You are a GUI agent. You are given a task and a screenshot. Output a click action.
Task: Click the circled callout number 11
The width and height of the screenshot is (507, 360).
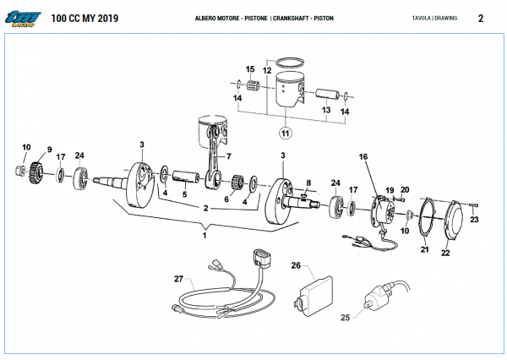click(285, 133)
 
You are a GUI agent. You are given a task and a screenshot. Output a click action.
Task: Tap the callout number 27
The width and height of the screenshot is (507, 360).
click(178, 278)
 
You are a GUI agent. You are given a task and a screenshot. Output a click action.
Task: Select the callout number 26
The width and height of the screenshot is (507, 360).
click(296, 265)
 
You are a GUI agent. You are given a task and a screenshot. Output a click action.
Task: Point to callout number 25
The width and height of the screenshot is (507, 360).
click(345, 318)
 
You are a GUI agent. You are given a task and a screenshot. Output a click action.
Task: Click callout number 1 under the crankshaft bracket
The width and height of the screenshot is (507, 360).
click(203, 236)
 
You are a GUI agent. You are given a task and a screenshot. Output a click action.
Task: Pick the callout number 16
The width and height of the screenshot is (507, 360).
click(363, 156)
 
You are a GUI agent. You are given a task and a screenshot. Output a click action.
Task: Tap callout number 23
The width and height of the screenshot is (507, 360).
click(474, 220)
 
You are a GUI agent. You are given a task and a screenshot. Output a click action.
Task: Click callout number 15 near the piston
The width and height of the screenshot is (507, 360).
click(250, 68)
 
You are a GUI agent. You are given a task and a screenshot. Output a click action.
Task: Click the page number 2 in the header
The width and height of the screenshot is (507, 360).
click(480, 18)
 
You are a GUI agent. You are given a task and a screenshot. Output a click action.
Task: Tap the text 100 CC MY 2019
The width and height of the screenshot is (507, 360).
click(85, 18)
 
